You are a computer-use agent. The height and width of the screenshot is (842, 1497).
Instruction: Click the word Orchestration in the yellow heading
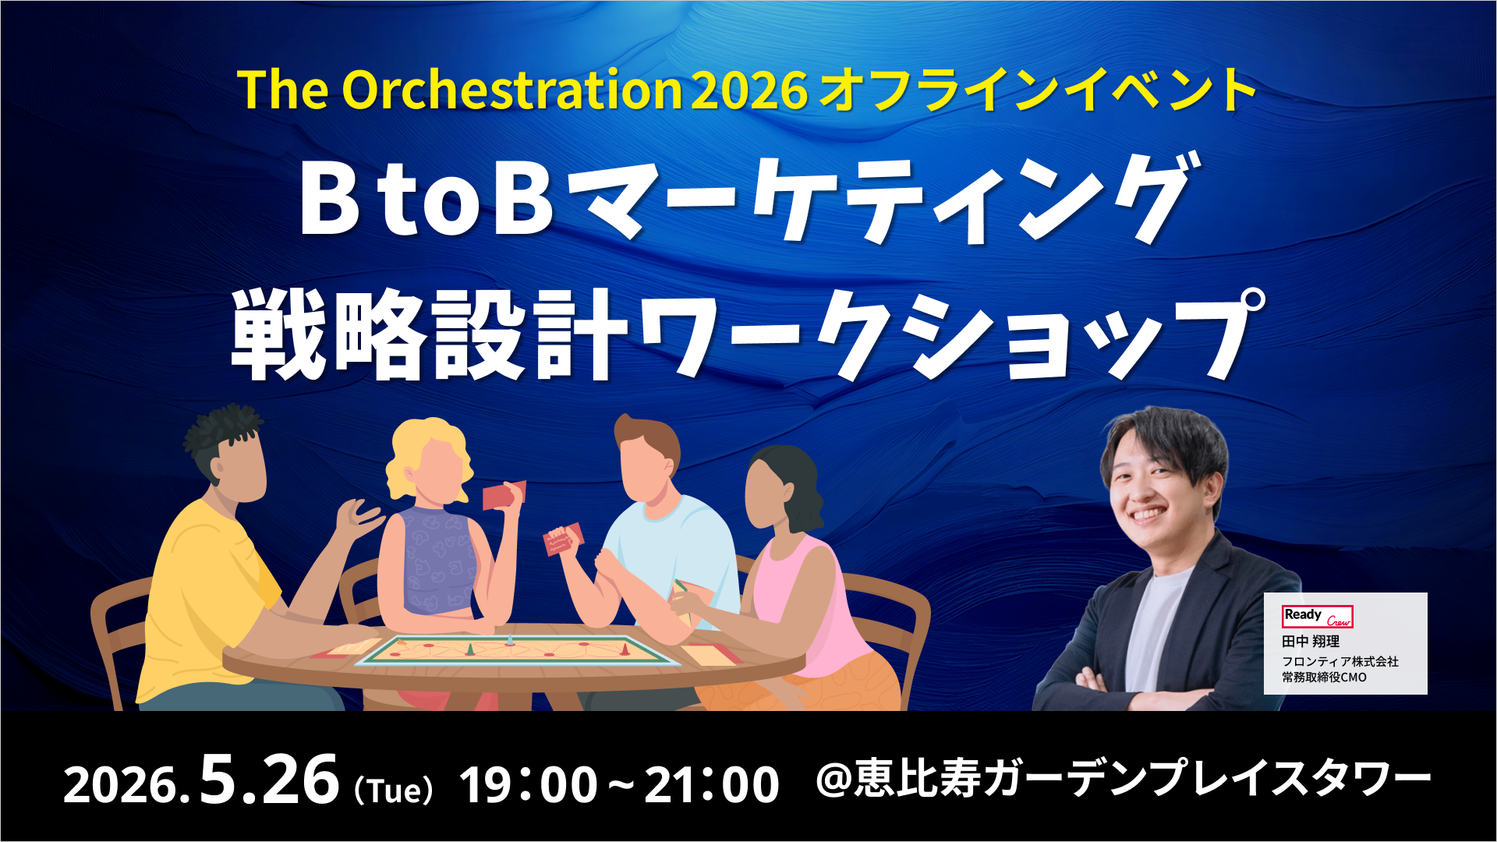[512, 90]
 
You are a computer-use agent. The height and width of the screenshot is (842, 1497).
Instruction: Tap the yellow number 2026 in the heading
[749, 90]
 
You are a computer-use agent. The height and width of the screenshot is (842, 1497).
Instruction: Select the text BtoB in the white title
[426, 198]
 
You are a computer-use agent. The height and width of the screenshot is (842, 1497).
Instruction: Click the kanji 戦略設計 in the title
[430, 334]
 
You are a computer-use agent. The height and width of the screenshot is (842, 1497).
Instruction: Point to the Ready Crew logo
[1318, 617]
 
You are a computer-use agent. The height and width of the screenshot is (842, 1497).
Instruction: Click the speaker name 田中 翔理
[1311, 642]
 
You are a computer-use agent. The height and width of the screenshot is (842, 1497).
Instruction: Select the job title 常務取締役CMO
[1324, 677]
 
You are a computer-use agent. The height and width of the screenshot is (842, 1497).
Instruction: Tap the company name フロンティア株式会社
[1340, 661]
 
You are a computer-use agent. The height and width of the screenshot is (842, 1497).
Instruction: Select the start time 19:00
[529, 784]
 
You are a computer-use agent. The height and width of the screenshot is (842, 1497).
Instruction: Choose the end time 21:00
[712, 784]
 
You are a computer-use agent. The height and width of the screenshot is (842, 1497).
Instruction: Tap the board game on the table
[516, 650]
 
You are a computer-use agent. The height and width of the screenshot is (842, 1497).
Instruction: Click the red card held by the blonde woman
[504, 495]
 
